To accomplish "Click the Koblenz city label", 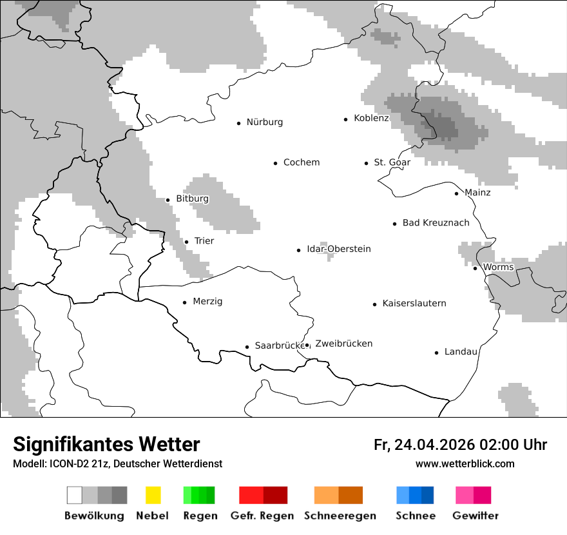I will (371, 118).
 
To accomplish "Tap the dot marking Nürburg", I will (238, 122).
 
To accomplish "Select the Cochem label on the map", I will (302, 162).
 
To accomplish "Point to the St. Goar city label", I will (392, 162).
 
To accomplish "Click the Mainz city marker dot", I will (456, 193).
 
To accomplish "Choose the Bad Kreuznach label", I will (436, 223).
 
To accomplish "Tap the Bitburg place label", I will (192, 199).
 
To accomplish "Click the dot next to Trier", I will (186, 242).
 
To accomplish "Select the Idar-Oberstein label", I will (338, 249).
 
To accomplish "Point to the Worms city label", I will (498, 267).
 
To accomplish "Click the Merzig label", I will (207, 302).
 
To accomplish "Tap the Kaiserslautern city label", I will (414, 304).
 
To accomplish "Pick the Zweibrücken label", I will (343, 344).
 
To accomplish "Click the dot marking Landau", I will (436, 353).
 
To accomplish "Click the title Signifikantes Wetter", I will (106, 444).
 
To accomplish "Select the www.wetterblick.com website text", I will (465, 464).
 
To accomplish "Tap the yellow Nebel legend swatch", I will (153, 495).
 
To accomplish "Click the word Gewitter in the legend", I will (475, 516).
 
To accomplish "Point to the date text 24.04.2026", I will (434, 445).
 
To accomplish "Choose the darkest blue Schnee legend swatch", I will (427, 495).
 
